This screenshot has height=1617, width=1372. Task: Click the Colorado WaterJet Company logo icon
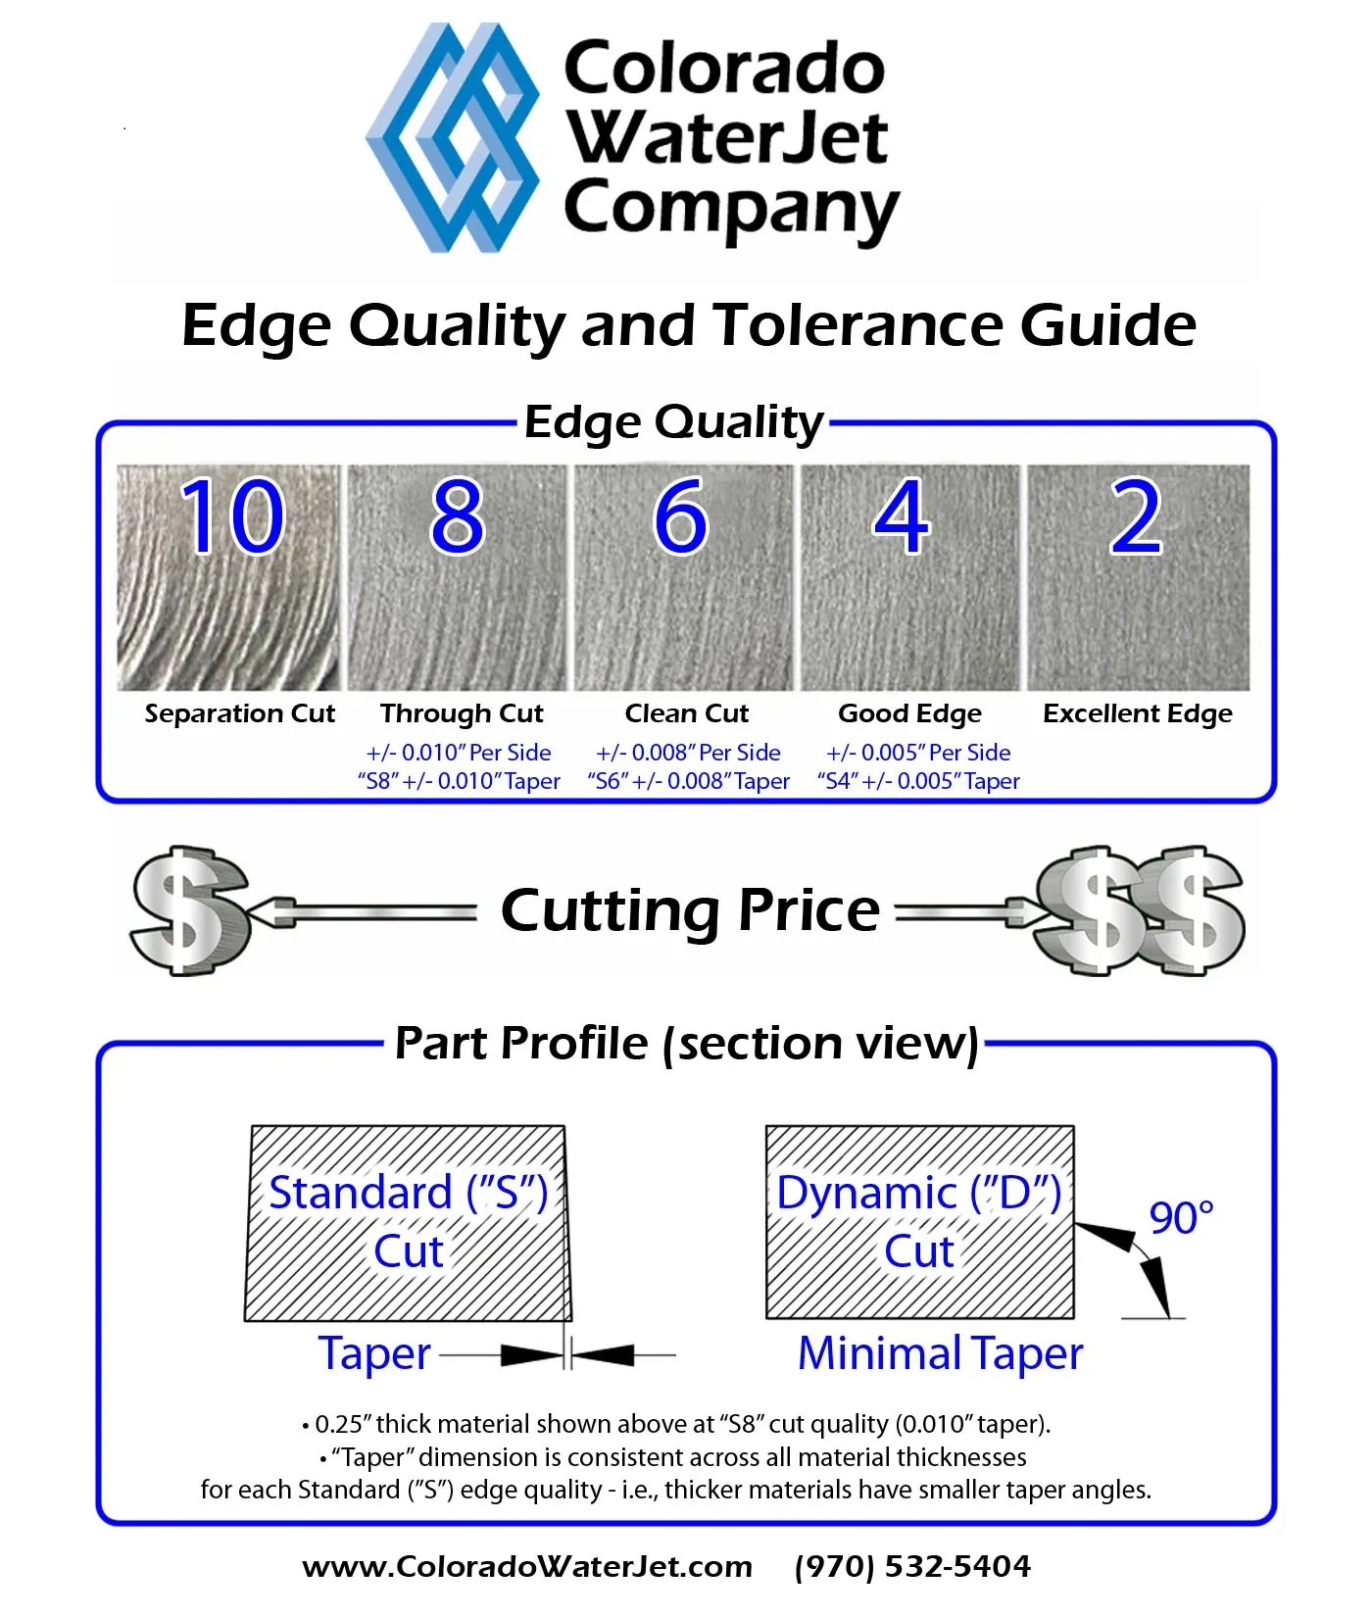(x=453, y=137)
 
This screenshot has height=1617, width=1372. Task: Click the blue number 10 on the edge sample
(x=232, y=516)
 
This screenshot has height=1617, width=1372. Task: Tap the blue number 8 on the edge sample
(x=457, y=516)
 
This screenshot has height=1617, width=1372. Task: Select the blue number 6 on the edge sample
(x=680, y=516)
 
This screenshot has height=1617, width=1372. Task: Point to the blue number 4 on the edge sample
(x=902, y=516)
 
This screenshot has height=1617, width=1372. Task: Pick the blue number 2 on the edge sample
(x=1136, y=516)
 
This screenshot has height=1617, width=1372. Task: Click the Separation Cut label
(x=239, y=713)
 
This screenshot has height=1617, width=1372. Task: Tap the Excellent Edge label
(x=1137, y=713)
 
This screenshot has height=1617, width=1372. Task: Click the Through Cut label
(x=462, y=713)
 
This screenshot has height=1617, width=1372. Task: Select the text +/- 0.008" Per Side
(x=688, y=753)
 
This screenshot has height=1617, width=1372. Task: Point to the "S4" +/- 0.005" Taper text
(x=918, y=781)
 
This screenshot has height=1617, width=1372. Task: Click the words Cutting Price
(x=690, y=910)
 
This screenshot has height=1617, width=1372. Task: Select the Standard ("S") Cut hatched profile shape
(x=407, y=1223)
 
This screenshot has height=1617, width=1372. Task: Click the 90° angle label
(x=1181, y=1218)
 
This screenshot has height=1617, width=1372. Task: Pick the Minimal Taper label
(x=940, y=1354)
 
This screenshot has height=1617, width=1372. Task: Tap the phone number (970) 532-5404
(x=912, y=1566)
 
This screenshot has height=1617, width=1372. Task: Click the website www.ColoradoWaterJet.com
(x=527, y=1566)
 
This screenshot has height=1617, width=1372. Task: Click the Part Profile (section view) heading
(x=686, y=1043)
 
